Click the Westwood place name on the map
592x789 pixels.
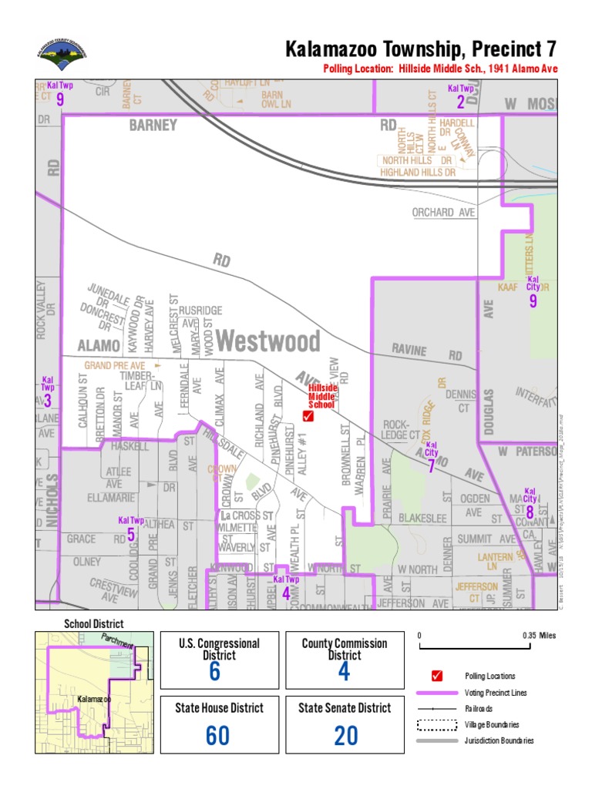(x=267, y=341)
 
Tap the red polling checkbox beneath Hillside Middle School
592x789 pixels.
(x=308, y=417)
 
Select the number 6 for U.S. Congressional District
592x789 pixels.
(x=214, y=672)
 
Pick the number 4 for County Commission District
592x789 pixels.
(x=344, y=672)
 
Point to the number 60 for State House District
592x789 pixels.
(x=217, y=736)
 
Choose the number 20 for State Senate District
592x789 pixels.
(x=345, y=736)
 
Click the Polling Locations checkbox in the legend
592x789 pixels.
(x=437, y=676)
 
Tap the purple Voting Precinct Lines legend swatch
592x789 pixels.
(x=437, y=693)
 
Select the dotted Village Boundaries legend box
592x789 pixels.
(x=437, y=725)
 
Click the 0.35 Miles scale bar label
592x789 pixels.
(x=538, y=636)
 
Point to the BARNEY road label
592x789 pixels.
(x=153, y=125)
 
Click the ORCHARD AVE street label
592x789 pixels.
(x=443, y=213)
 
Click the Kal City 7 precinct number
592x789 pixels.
(x=432, y=465)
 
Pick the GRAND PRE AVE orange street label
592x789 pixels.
(x=115, y=365)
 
